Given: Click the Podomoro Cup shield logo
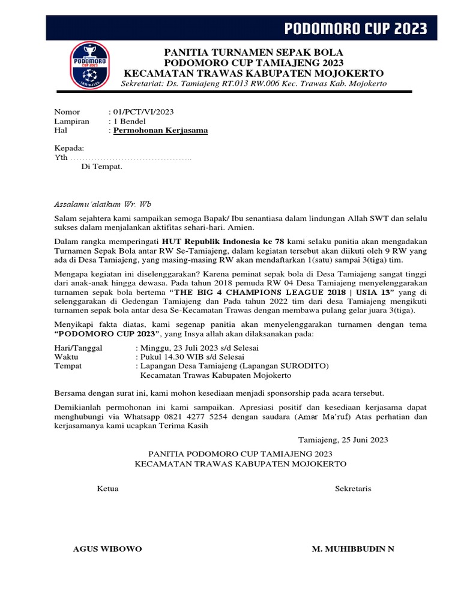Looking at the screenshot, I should tap(90, 65).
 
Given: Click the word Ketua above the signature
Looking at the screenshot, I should tap(107, 489).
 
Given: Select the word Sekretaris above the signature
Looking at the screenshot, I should tap(353, 489).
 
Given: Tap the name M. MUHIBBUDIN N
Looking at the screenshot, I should tap(353, 549).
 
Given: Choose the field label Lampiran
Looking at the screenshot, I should tap(71, 121).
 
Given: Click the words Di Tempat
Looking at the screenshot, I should tap(101, 167).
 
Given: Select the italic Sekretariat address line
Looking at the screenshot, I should tap(254, 83).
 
